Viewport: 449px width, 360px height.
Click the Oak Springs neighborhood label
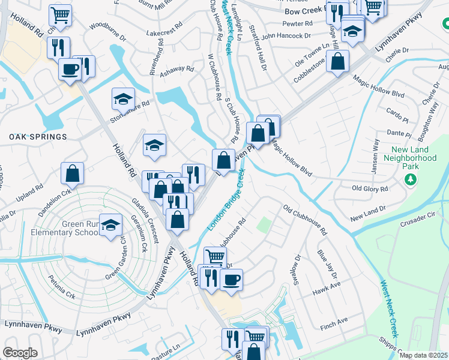click(38, 137)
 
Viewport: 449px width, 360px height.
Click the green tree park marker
click(411, 179)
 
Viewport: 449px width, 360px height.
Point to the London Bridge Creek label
click(226, 202)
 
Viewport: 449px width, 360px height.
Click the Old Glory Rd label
click(370, 188)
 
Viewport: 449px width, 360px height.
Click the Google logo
click(19, 353)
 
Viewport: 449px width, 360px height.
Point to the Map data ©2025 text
click(423, 355)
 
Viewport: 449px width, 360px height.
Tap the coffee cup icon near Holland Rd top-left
click(70, 68)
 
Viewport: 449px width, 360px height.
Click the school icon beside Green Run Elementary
click(110, 226)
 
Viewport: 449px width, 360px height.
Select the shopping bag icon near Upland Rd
click(73, 173)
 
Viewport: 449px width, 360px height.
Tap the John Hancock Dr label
click(286, 36)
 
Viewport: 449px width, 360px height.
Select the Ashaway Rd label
click(177, 69)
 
